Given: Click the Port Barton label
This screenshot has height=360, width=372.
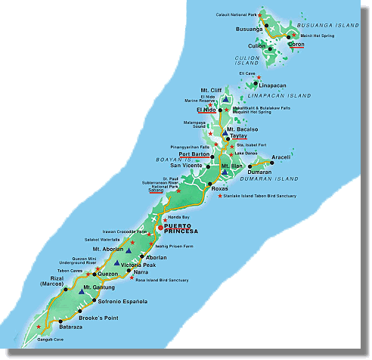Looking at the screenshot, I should tap(194, 154).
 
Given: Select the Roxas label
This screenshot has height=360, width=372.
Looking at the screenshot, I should tap(219, 188).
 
